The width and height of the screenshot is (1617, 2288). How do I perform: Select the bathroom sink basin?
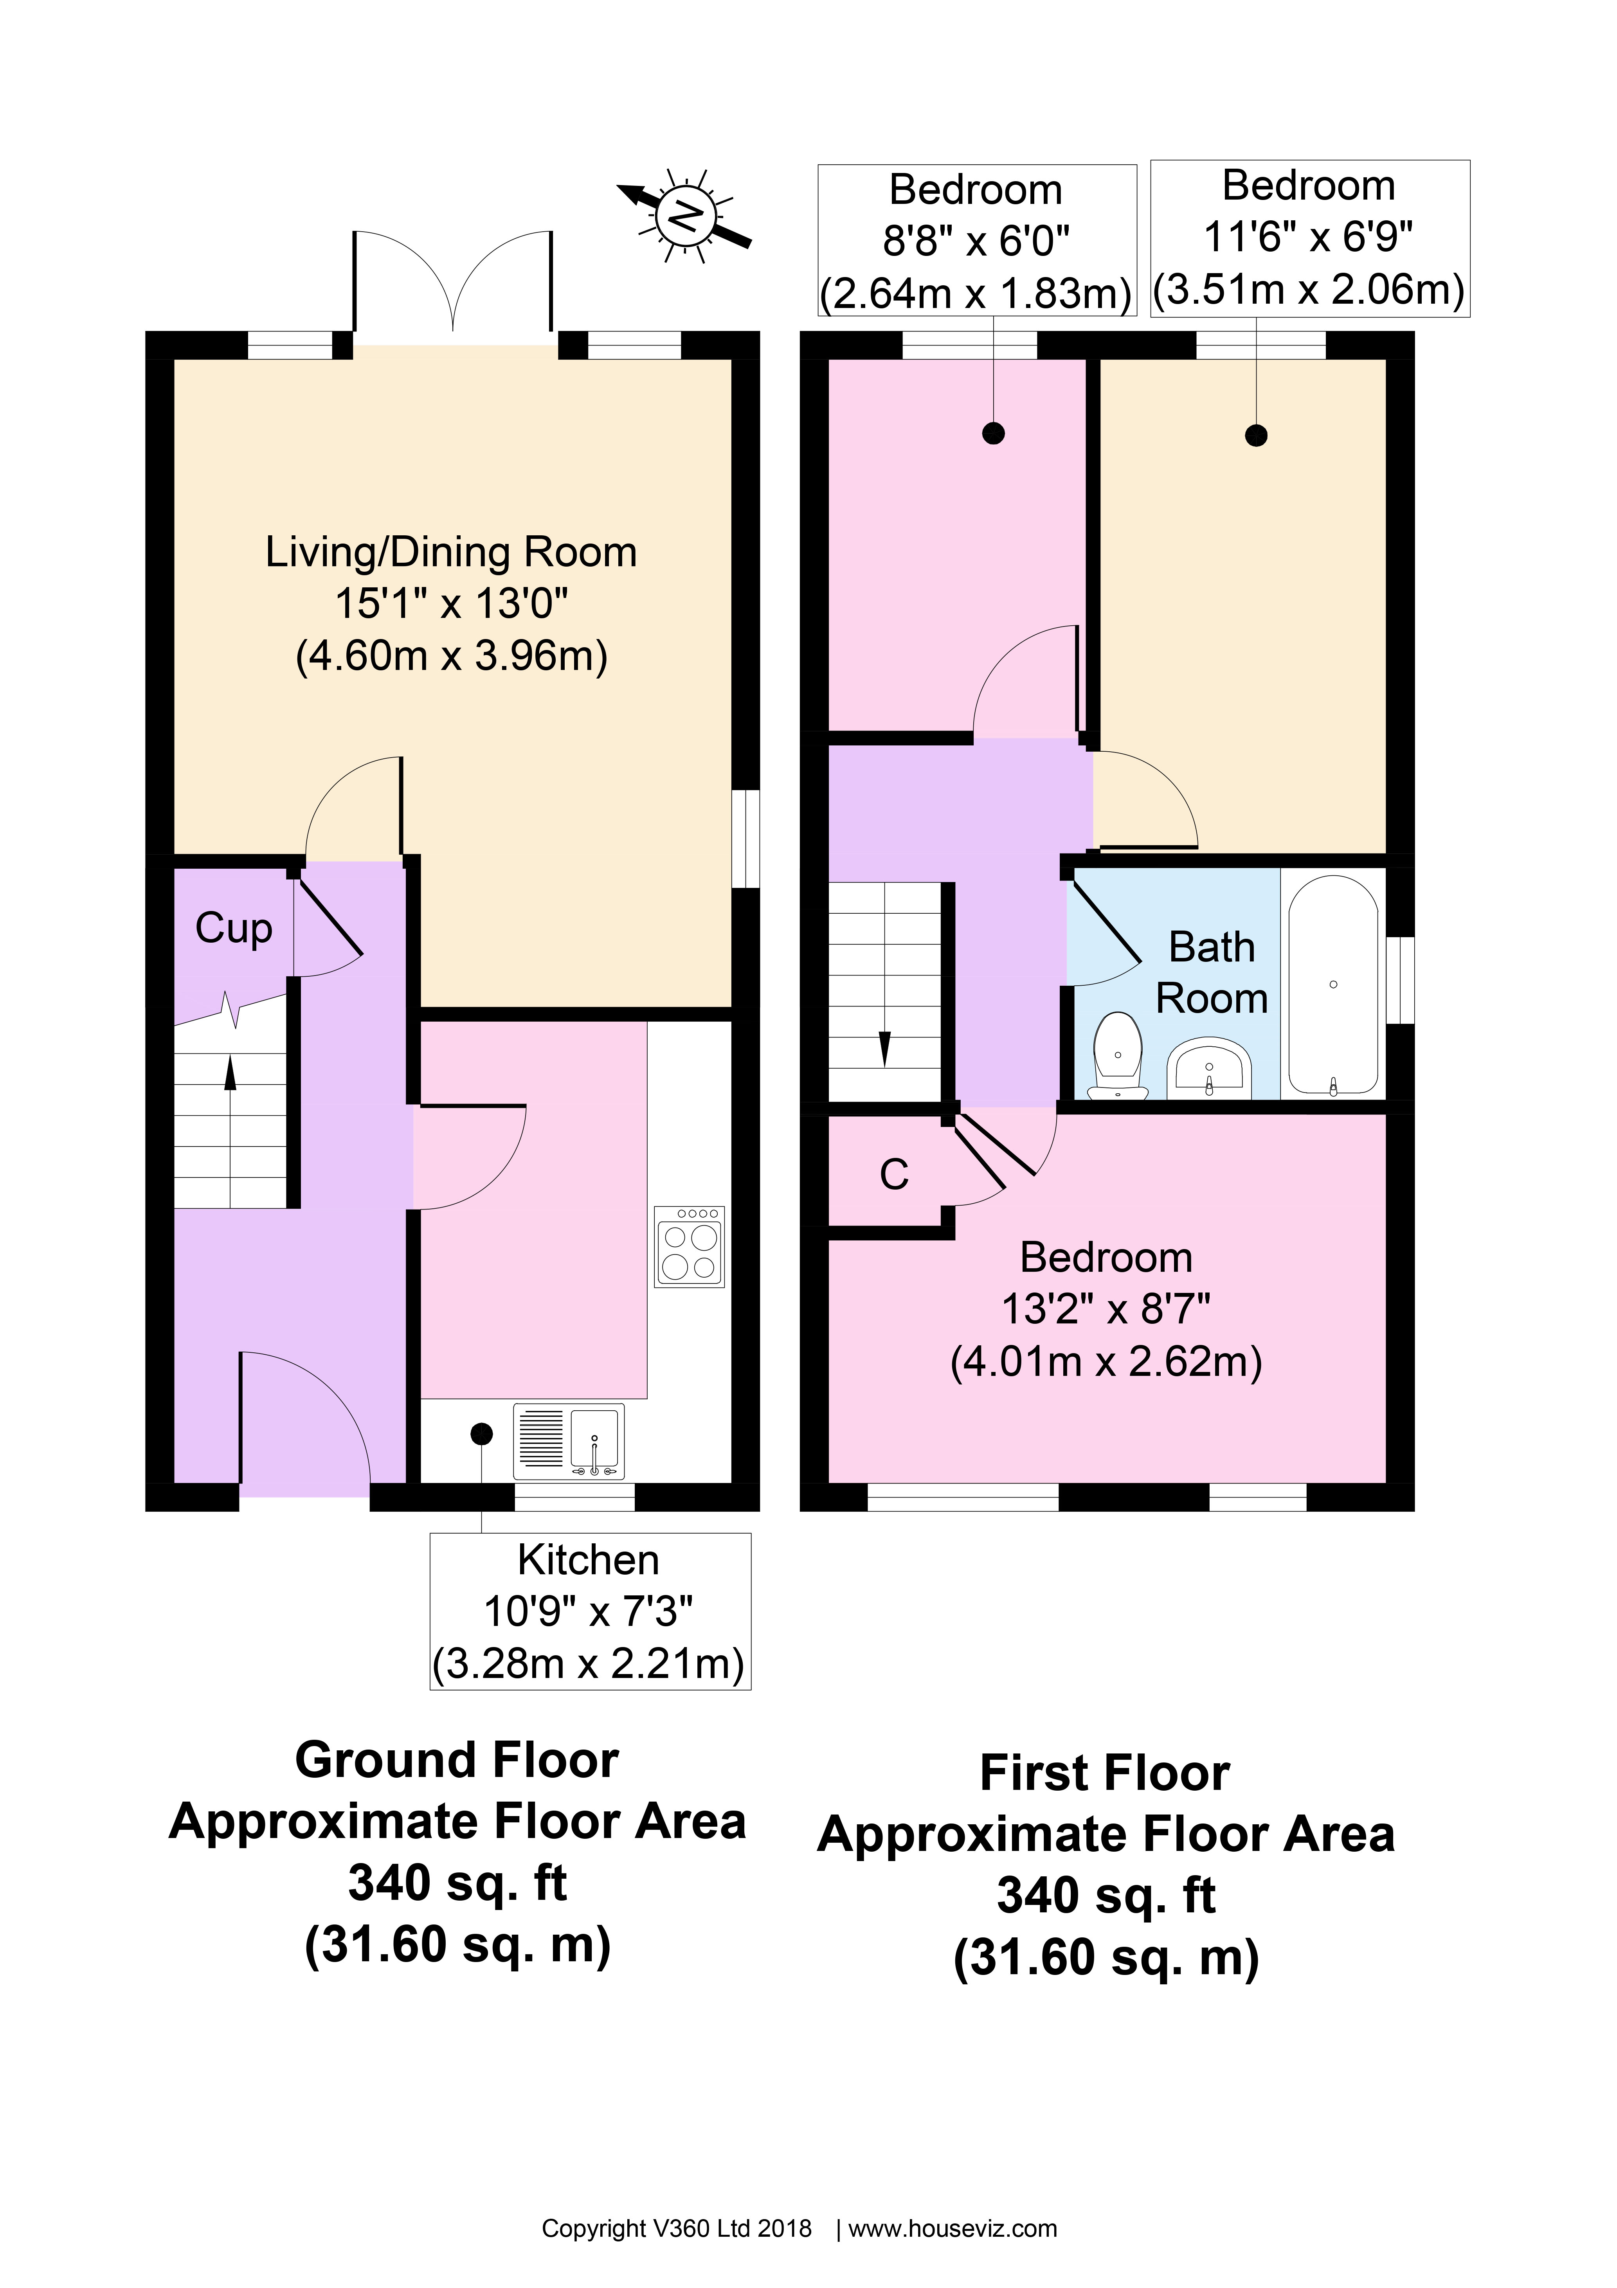tap(1208, 1066)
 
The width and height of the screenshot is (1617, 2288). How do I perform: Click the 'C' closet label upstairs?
tap(894, 1175)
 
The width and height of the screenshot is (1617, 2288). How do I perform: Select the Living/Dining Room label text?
tap(450, 552)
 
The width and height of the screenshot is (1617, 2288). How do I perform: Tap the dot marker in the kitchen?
tap(481, 1434)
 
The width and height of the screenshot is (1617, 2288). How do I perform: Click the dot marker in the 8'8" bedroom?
tap(993, 434)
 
